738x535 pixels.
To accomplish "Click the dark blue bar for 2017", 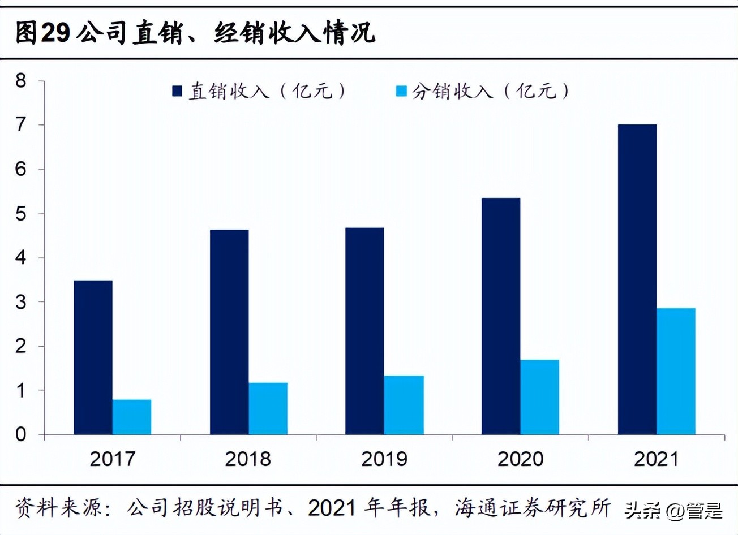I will [93, 357].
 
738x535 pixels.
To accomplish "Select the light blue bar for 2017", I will [132, 417].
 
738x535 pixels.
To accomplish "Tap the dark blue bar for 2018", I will [229, 332].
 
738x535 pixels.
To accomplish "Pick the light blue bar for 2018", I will [268, 409].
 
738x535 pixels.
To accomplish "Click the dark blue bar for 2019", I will [364, 331].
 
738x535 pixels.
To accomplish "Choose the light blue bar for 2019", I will [404, 405].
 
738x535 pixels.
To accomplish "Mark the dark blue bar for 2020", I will [501, 316].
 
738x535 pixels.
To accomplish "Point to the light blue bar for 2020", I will [540, 397].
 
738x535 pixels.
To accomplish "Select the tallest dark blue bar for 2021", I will [637, 279].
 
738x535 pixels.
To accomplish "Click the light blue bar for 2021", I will [676, 372].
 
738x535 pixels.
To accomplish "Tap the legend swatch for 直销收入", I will [177, 91].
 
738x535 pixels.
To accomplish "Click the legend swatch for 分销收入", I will [401, 91].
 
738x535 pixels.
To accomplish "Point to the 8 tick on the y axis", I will [21, 81].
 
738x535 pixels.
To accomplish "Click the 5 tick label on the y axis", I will [21, 213].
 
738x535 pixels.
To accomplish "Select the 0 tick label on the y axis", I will [21, 434].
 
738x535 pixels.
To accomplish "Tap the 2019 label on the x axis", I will [384, 459].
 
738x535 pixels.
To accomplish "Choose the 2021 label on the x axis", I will [657, 459].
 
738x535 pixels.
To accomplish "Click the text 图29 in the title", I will [42, 33].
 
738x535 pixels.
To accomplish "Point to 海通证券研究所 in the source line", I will [532, 508].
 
